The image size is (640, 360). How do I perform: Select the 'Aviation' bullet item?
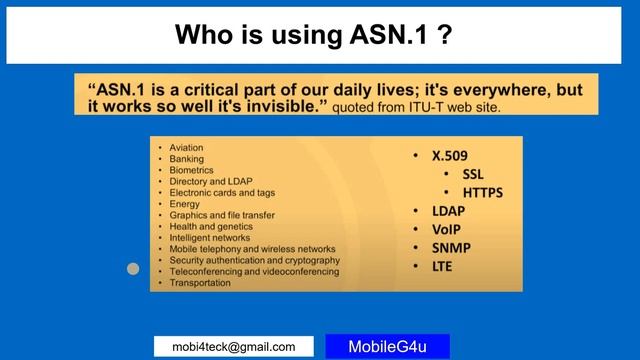coord(186,148)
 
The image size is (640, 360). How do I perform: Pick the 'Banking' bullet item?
coord(186,159)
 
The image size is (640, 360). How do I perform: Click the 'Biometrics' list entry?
coord(191,170)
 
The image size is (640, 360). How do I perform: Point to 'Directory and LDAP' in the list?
coord(210,181)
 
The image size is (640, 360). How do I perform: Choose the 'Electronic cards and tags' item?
coord(222,192)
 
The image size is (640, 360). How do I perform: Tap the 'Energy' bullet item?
coord(185,204)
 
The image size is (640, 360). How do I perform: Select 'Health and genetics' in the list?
coord(210,226)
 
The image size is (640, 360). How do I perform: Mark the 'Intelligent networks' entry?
coord(211,238)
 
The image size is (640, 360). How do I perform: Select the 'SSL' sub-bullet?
coord(473,175)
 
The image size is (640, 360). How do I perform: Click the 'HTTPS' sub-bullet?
coord(482,193)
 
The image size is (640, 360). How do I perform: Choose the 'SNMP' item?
coord(452,247)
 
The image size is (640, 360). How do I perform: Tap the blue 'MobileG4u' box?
coord(387,347)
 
